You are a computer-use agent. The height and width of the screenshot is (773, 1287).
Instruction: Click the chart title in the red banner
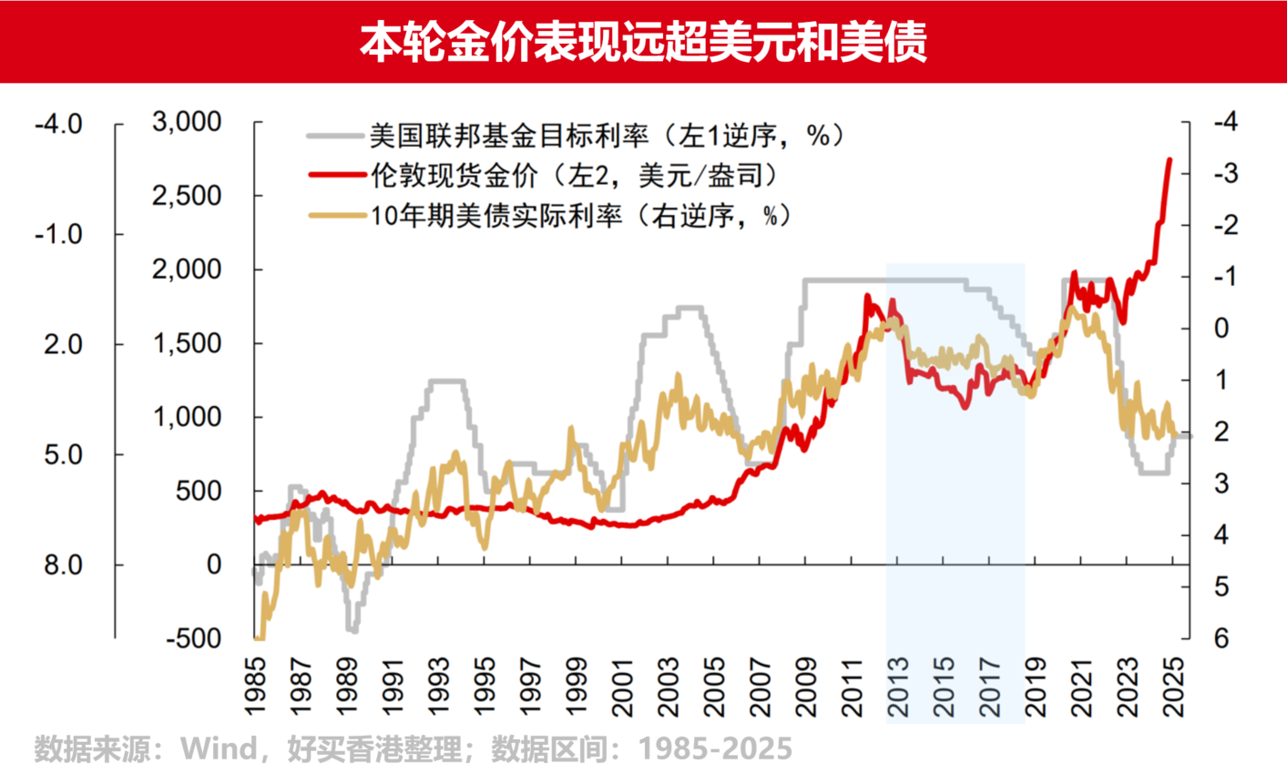click(x=643, y=41)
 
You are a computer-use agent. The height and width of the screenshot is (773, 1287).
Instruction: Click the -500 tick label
click(x=193, y=638)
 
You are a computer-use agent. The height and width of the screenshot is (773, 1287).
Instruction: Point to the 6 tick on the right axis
click(x=1221, y=638)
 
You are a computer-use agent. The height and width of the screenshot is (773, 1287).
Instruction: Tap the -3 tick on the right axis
click(x=1224, y=173)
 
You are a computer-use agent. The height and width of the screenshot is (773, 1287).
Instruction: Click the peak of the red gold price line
click(x=1170, y=160)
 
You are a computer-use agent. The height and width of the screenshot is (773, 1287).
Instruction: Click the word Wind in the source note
click(x=219, y=748)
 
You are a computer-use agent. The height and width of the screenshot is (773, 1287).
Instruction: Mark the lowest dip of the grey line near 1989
click(x=352, y=629)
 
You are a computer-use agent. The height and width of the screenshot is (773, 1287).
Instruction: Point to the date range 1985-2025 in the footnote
click(x=715, y=748)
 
